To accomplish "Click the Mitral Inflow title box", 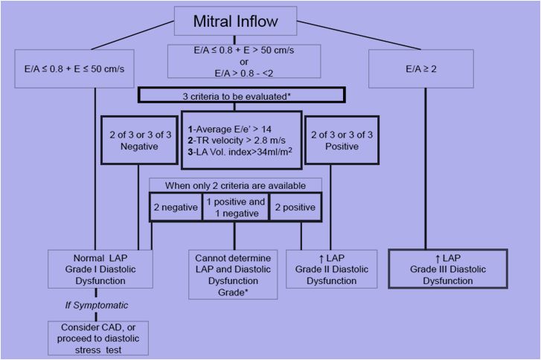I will coord(235,20).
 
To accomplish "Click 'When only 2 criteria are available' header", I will coord(235,184).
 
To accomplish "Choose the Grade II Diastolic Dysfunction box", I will coord(330,269).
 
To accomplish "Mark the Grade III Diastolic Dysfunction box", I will coord(448,269).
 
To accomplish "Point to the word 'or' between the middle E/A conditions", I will coord(245,62).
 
